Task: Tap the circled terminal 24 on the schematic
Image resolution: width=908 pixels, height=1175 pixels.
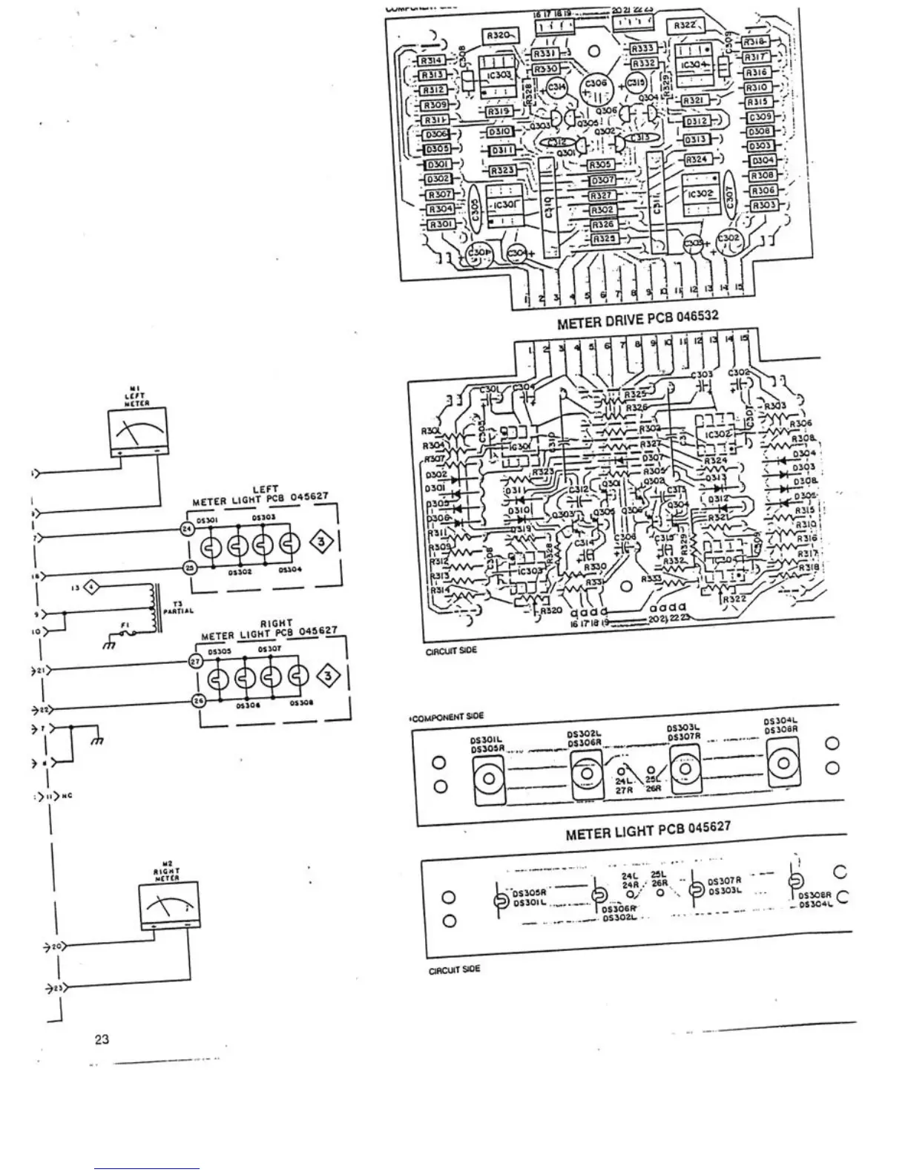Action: (187, 528)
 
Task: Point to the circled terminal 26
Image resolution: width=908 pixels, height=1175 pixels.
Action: (199, 701)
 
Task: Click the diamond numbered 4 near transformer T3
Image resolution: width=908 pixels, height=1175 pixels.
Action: (92, 588)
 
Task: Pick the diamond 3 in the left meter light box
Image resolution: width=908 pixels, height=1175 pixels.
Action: (321, 542)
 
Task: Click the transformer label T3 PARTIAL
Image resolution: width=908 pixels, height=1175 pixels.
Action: (178, 608)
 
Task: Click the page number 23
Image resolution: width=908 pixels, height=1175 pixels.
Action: (102, 1039)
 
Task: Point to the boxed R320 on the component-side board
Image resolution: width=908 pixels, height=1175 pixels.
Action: (501, 36)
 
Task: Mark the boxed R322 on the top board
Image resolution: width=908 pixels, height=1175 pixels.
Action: (684, 26)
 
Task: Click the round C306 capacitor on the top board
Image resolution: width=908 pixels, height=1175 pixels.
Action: (597, 90)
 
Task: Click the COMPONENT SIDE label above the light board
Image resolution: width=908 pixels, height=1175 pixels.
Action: (447, 717)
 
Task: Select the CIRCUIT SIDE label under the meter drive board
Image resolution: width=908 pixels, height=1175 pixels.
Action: (451, 651)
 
